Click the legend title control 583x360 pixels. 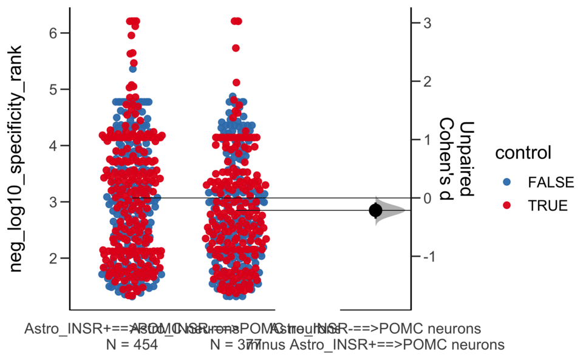[523, 153]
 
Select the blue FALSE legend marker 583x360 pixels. [508, 182]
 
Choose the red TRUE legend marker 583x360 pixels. [508, 206]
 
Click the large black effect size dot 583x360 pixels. [375, 210]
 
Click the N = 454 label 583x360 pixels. [132, 345]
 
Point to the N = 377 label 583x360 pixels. [236, 345]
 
